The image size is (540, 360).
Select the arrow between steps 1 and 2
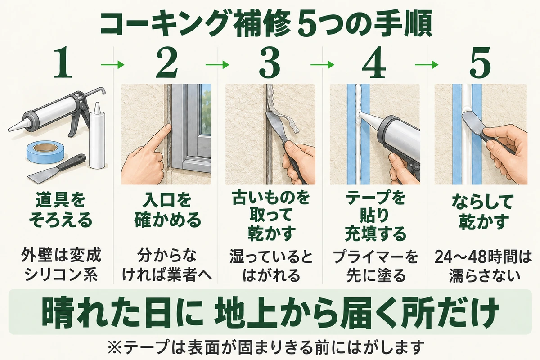(x=112, y=65)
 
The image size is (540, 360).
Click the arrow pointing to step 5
(x=427, y=65)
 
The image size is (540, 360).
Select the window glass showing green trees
(x=206, y=109)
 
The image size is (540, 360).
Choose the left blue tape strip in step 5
(x=457, y=134)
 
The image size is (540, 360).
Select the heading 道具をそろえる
(x=61, y=211)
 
